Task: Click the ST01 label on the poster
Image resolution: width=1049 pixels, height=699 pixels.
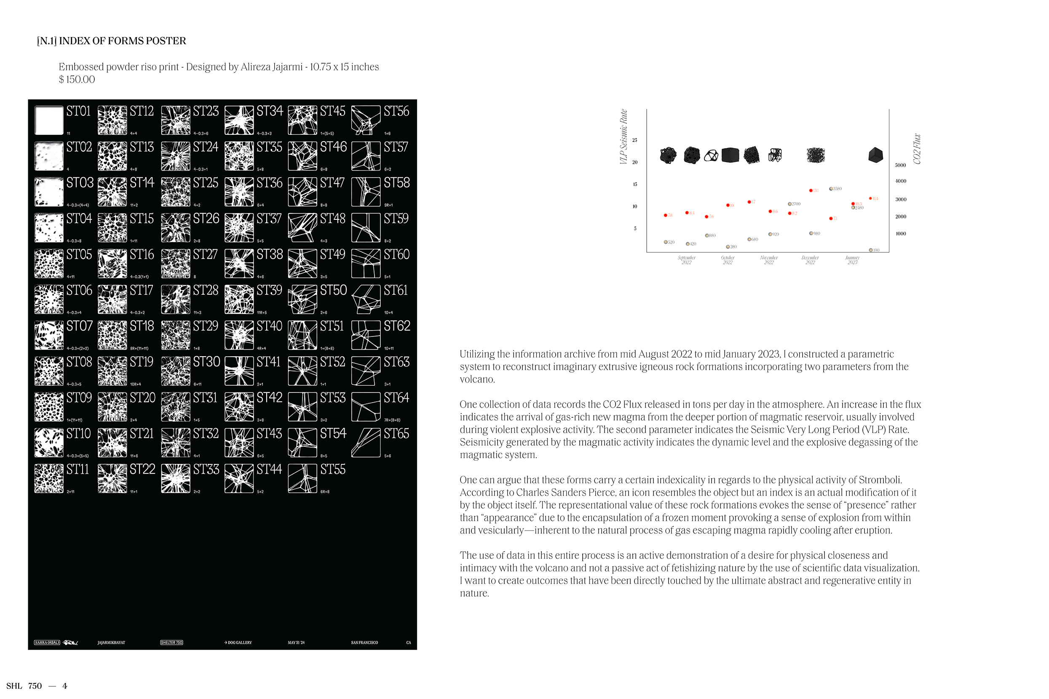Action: [x=78, y=112]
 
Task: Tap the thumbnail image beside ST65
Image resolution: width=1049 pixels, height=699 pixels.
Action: [x=366, y=443]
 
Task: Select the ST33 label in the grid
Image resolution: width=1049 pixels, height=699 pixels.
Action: [x=206, y=470]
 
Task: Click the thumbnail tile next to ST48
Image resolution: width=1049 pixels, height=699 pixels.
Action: [x=302, y=227]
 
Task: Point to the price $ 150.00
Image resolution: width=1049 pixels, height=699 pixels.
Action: [x=77, y=79]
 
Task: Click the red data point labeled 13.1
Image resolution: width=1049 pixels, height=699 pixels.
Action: [x=811, y=190]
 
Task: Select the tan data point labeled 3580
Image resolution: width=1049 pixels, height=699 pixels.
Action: [x=831, y=189]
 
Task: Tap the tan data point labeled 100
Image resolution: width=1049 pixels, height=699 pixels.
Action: [x=871, y=250]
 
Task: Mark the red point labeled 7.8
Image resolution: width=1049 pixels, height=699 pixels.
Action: [x=666, y=215]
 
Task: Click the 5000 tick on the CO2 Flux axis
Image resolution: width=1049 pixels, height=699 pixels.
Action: [x=900, y=165]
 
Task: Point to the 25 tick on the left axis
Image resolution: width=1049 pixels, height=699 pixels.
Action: [x=634, y=140]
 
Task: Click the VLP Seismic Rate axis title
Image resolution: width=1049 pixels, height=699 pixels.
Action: [x=624, y=136]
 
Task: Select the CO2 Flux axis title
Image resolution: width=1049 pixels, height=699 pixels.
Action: [x=917, y=149]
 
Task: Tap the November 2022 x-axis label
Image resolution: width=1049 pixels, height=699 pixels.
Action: [x=769, y=260]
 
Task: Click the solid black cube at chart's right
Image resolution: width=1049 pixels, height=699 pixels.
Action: [x=875, y=155]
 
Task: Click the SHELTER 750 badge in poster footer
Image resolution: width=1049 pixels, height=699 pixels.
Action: [x=172, y=643]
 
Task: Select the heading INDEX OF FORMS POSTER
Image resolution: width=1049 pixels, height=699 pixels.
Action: [x=122, y=41]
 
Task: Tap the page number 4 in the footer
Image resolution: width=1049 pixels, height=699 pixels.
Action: [x=65, y=686]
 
